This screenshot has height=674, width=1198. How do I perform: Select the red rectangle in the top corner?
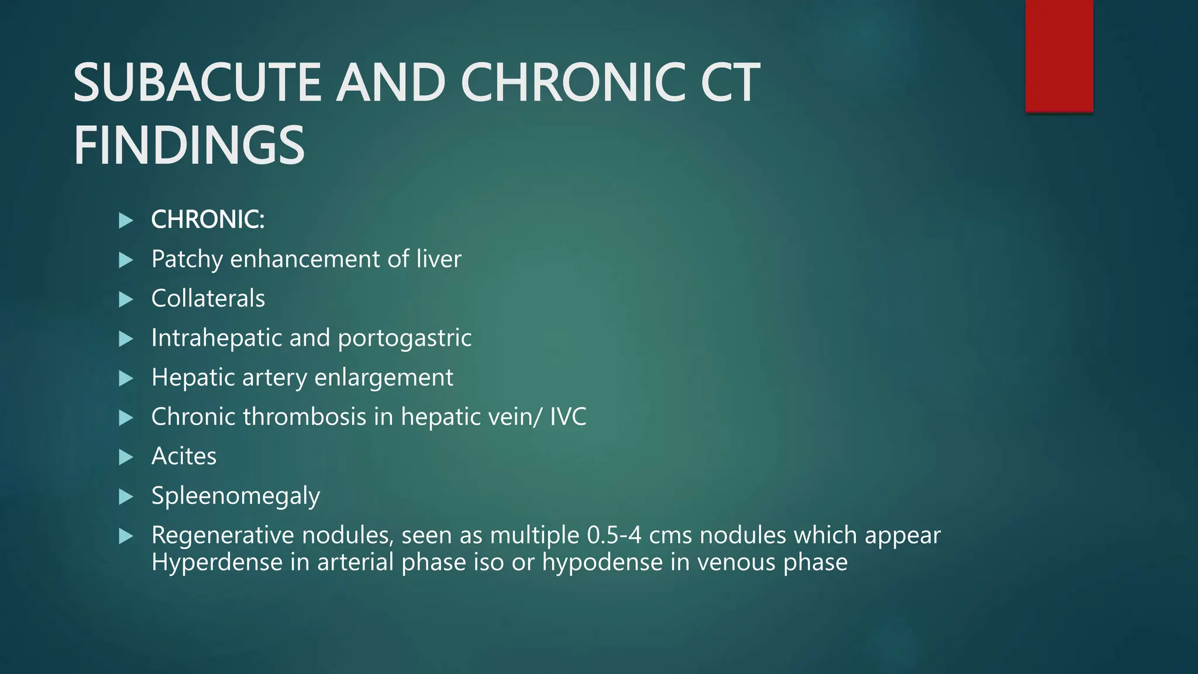tap(1059, 56)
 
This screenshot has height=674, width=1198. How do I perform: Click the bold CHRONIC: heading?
tap(208, 219)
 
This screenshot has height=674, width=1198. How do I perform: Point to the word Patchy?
tap(187, 259)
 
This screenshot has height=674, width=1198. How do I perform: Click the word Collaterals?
tap(208, 298)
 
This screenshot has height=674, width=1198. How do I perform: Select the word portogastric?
tap(404, 338)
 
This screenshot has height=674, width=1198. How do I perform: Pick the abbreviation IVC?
tap(567, 417)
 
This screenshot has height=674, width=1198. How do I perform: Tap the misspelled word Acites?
tap(184, 456)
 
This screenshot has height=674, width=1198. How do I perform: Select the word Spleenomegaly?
tap(235, 496)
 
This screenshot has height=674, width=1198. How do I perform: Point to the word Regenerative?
tap(223, 535)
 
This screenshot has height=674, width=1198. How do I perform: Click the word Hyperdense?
tap(217, 562)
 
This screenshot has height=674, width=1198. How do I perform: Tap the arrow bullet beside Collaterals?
tap(126, 299)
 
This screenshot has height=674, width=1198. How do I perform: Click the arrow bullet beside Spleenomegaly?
tap(126, 497)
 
